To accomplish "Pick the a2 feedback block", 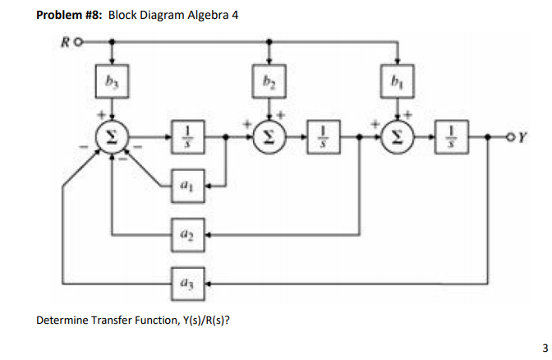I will (x=187, y=234).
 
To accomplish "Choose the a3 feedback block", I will (x=187, y=283).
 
